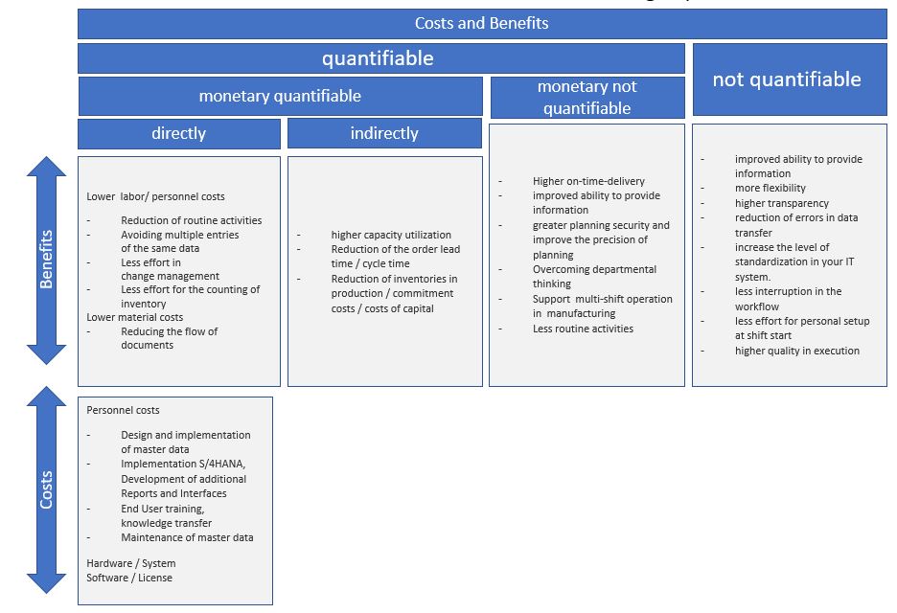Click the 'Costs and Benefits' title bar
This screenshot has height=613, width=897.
tap(482, 23)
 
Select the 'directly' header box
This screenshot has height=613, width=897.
tap(178, 133)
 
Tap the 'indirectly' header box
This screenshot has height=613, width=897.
tap(384, 133)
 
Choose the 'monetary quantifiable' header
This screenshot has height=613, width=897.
tap(280, 96)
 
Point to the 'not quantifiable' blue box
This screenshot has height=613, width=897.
tap(787, 79)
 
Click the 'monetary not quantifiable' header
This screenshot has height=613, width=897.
tap(586, 98)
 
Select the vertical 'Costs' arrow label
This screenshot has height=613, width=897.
tap(46, 488)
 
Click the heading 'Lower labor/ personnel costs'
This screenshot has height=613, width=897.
tap(155, 196)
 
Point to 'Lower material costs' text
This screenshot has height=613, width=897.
tap(134, 317)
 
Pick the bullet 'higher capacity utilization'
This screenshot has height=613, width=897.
tap(391, 235)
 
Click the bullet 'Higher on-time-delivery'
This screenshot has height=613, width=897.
tap(588, 181)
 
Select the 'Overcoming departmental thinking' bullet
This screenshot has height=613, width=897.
tap(594, 277)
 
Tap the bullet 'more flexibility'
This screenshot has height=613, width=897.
tap(770, 189)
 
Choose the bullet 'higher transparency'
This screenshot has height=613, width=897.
tap(782, 203)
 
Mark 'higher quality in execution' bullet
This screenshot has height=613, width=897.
tap(797, 351)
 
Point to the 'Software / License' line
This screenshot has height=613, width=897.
tap(129, 578)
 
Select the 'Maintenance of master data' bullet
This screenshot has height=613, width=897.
tap(187, 537)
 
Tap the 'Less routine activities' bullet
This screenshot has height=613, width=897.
tap(583, 329)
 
